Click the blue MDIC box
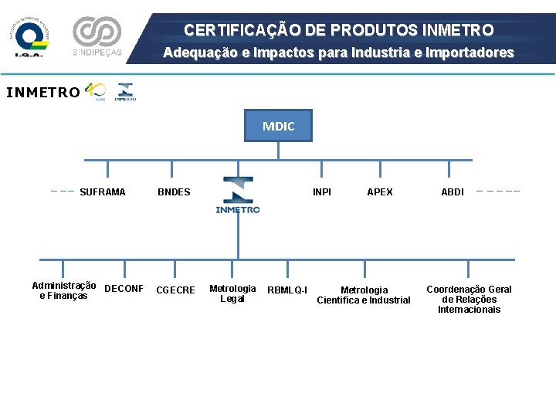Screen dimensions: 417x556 [x=278, y=126]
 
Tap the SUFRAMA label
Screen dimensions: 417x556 [x=102, y=192]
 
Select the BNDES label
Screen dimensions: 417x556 [x=174, y=192]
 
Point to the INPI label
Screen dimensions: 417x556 [x=322, y=192]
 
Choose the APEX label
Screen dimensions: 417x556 [x=379, y=192]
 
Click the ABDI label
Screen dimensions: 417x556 [x=453, y=192]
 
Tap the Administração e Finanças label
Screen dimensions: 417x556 [x=64, y=290]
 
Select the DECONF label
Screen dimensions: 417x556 [x=124, y=290]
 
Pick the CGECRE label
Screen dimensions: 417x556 [x=175, y=290]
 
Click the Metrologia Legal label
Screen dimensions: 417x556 [x=232, y=293]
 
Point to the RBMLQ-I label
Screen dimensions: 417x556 [x=286, y=291]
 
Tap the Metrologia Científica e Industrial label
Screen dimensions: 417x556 [x=364, y=295]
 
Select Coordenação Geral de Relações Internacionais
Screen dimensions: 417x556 [x=469, y=300]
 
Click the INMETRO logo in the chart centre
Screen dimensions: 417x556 [x=238, y=195]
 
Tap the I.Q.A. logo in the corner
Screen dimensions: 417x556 [x=32, y=36]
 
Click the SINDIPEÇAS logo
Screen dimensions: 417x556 [x=97, y=36]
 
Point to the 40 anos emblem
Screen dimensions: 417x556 [x=95, y=91]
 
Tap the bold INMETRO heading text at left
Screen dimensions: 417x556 [x=42, y=93]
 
